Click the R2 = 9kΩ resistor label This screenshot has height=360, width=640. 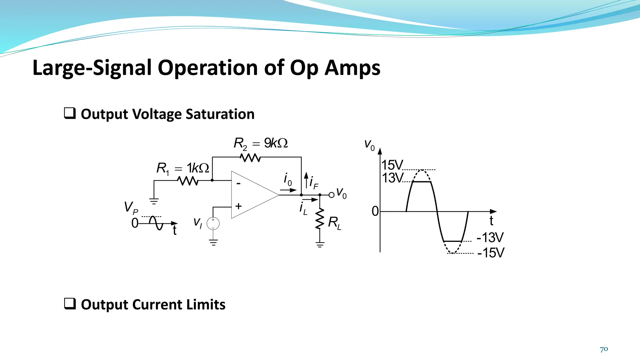pyautogui.click(x=261, y=143)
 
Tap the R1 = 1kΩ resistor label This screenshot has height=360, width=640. pyautogui.click(x=183, y=168)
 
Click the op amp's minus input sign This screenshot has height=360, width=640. pyautogui.click(x=238, y=183)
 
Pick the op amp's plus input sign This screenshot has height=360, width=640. pyautogui.click(x=238, y=206)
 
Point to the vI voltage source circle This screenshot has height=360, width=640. pyautogui.click(x=213, y=223)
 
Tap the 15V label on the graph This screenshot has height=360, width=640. pyautogui.click(x=392, y=165)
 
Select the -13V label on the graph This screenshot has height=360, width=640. pyautogui.click(x=490, y=237)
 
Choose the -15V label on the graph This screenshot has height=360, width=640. pyautogui.click(x=491, y=253)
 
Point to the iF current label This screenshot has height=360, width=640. pyautogui.click(x=313, y=182)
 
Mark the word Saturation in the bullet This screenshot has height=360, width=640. pyautogui.click(x=220, y=114)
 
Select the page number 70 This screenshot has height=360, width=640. pyautogui.click(x=604, y=349)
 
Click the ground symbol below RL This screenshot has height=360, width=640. pyautogui.click(x=320, y=245)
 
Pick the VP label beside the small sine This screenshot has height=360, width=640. pyautogui.click(x=131, y=207)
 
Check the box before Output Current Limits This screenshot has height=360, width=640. pyautogui.click(x=70, y=304)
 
